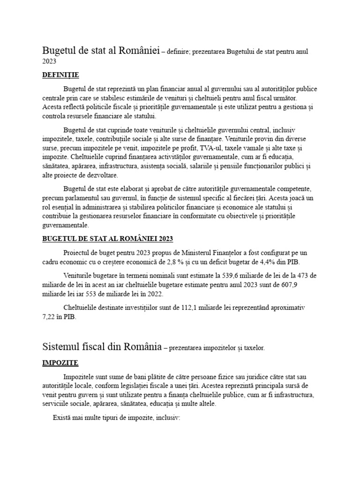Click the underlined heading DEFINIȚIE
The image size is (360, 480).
60,75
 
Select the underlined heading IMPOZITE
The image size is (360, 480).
60,363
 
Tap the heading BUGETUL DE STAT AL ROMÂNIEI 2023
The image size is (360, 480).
107,239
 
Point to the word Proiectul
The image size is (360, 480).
78,252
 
